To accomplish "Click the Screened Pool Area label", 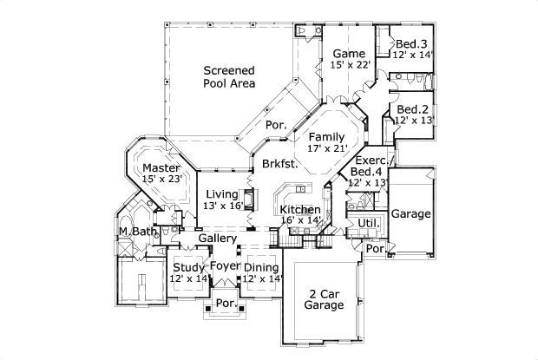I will [229, 76].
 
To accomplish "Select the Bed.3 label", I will [411, 43].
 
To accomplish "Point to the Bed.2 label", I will [413, 109].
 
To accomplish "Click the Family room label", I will [327, 137].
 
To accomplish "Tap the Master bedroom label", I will [161, 167].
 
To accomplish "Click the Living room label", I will [222, 194].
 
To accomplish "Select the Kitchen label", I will [300, 210].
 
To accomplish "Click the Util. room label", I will [368, 224].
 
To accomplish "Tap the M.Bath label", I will [137, 231].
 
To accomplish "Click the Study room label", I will [189, 266].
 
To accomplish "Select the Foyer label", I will [225, 266].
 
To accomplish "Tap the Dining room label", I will [261, 266].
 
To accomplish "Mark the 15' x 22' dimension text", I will [351, 65].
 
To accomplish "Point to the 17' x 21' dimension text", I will [327, 149].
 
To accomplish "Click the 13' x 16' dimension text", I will [222, 206].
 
